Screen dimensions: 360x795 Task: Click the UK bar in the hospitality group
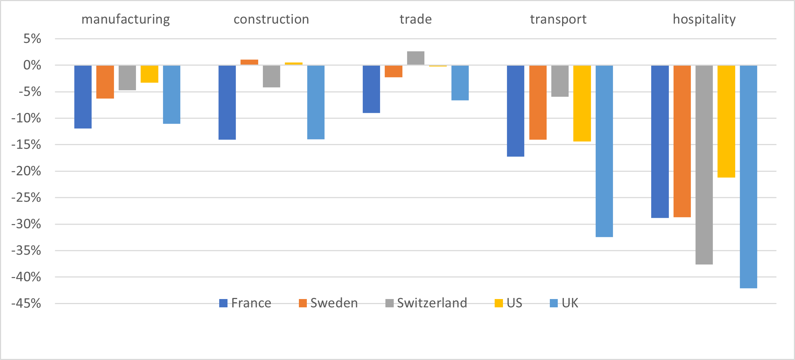click(748, 177)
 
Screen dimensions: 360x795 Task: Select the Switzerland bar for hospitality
click(704, 165)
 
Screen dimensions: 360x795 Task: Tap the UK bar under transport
click(604, 151)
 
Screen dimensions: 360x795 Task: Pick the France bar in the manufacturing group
click(83, 97)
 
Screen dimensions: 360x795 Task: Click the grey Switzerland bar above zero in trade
click(415, 58)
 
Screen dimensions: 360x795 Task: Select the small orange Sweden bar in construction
click(249, 62)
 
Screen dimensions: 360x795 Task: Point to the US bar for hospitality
click(726, 121)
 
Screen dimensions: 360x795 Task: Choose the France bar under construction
click(227, 102)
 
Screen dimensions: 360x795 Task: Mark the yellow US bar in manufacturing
click(149, 74)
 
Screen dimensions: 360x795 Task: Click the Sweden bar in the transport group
click(538, 102)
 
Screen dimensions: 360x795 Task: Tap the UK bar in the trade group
click(460, 83)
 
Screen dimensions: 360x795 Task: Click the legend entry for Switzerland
click(426, 303)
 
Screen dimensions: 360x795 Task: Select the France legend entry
click(245, 303)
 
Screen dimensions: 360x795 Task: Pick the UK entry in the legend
click(564, 303)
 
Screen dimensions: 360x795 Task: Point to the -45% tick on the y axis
click(26, 303)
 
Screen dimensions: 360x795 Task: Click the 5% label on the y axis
click(32, 39)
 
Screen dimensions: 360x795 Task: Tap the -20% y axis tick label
click(26, 171)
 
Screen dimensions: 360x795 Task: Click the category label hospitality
click(704, 19)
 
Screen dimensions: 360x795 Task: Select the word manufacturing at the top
click(125, 19)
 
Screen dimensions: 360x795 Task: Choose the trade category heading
click(415, 19)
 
